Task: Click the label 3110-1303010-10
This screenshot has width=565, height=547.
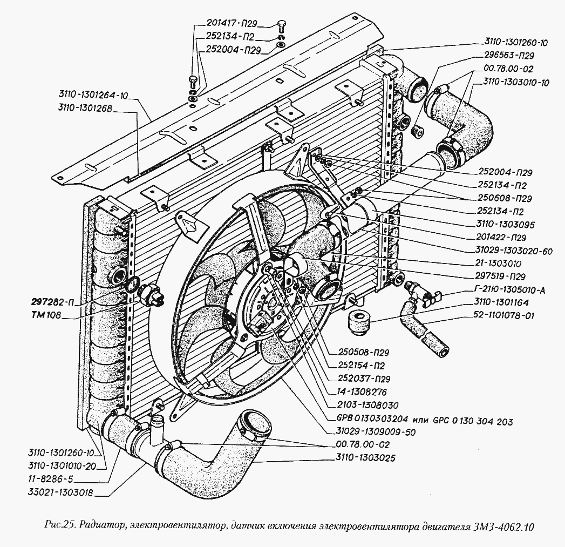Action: (515, 83)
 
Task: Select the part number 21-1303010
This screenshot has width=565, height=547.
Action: (501, 263)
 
